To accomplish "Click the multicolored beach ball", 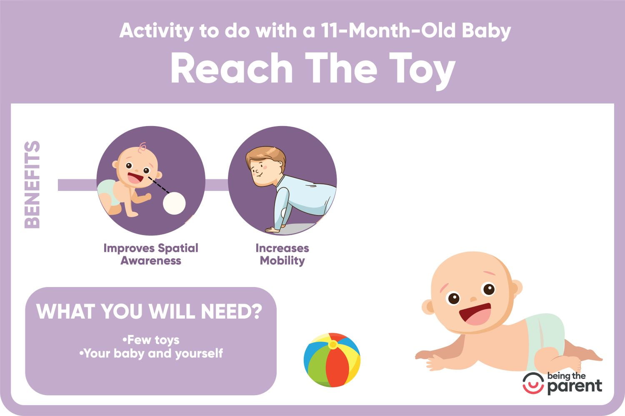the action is tap(332, 360).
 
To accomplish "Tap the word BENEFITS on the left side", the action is tap(32, 185).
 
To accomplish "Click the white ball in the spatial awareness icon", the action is tap(175, 203).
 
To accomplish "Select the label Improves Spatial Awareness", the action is tap(151, 255).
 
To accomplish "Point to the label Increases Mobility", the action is tap(282, 255).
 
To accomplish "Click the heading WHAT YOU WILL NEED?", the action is tap(149, 311).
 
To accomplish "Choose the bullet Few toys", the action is tap(151, 340).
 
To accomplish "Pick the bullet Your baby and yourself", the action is tap(151, 354).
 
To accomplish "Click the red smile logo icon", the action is tap(533, 384).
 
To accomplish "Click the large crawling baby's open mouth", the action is tap(475, 314).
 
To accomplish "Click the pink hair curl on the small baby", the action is tap(142, 147).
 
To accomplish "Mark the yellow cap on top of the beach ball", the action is tap(332, 345).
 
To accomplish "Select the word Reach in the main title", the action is tap(232, 68).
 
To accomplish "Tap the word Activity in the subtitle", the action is tap(157, 31).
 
